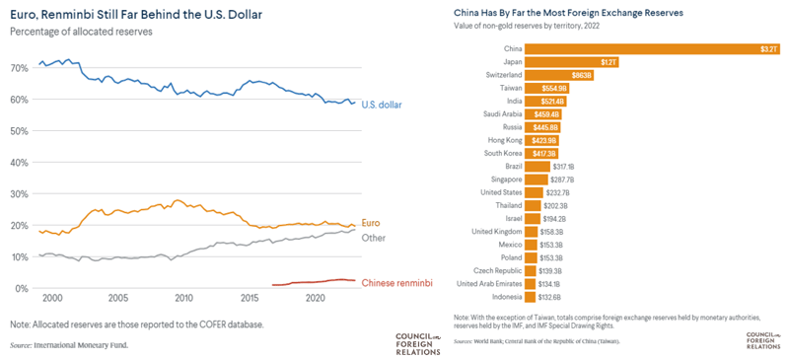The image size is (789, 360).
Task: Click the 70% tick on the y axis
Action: pos(19,68)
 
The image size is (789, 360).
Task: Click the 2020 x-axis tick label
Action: pos(316,298)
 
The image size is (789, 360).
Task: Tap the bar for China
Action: pos(651,48)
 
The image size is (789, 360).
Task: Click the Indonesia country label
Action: pos(501,297)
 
